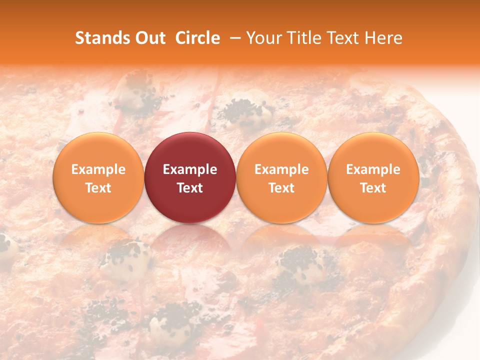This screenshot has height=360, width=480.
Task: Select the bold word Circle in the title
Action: coord(197,38)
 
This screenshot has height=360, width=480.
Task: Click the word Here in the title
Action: coord(383,38)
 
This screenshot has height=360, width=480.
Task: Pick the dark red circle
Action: coord(190,178)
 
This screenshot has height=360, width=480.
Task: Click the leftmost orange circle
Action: coord(98,178)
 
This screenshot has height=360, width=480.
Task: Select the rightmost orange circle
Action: coord(373,178)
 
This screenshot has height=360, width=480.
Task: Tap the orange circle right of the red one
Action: coord(281,178)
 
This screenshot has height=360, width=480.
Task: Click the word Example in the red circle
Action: coord(190,169)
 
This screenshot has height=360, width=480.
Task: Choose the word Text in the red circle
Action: coord(190,188)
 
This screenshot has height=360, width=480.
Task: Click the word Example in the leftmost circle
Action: coord(98,169)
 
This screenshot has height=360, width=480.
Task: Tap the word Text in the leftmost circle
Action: coord(98,188)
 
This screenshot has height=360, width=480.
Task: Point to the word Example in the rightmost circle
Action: coord(373,169)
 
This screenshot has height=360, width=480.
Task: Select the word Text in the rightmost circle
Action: coord(373,188)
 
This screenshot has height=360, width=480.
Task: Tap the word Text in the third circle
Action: coord(281,188)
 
